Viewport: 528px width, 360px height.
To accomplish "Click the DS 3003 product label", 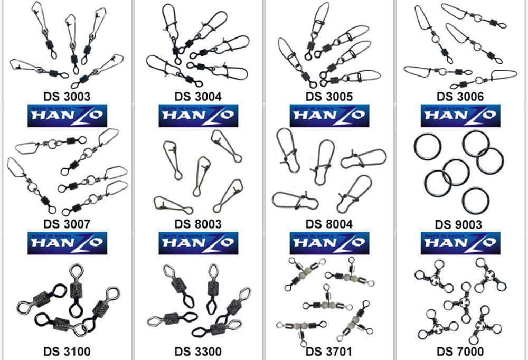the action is pos(67,97).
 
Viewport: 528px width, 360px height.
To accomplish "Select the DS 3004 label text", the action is pos(198,97).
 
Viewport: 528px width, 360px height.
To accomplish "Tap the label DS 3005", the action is pos(329,97).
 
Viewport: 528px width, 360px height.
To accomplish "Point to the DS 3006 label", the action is pos(460,97).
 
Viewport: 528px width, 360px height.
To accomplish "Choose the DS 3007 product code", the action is pos(67,224).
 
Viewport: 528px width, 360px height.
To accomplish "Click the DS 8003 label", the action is pos(198,224).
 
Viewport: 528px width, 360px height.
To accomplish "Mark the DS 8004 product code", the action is pos(329,224).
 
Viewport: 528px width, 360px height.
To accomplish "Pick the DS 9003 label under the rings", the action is pos(458,224).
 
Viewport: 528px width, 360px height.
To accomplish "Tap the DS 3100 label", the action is pos(67,352).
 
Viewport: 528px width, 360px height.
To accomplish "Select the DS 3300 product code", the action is pos(198,352).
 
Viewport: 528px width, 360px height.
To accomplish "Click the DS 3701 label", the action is pos(328,352).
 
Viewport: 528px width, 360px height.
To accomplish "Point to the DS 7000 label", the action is pos(460,352).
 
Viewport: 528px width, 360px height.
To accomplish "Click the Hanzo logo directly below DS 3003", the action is pos(68,116).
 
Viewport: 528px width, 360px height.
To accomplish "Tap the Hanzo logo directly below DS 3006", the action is pos(460,116).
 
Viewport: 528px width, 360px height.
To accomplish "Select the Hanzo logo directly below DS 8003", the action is pos(199,243).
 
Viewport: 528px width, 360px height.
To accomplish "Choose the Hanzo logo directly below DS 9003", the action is pos(460,243).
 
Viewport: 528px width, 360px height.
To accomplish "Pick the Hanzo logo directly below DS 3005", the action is pos(329,116).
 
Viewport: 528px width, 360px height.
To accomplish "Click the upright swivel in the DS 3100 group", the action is pos(77,290).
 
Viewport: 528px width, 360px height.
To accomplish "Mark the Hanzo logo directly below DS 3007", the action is pos(68,243).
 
